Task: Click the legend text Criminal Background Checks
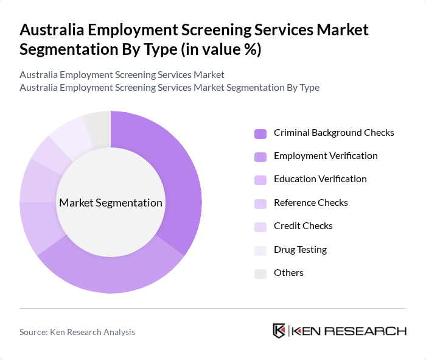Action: coord(333,133)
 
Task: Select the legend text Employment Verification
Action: coord(326,156)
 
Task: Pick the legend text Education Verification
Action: coord(320,179)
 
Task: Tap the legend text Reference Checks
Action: coord(310,203)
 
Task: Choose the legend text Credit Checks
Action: coord(303,226)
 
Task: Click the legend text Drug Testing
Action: coord(300,250)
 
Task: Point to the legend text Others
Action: coord(288,273)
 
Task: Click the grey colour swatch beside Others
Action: coord(260,274)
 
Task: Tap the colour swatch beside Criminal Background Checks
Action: coord(260,133)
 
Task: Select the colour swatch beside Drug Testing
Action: coord(260,250)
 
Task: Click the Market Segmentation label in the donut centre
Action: coord(111,203)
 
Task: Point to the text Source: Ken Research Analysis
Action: coord(77,332)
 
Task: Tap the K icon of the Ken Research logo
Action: coord(279,331)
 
